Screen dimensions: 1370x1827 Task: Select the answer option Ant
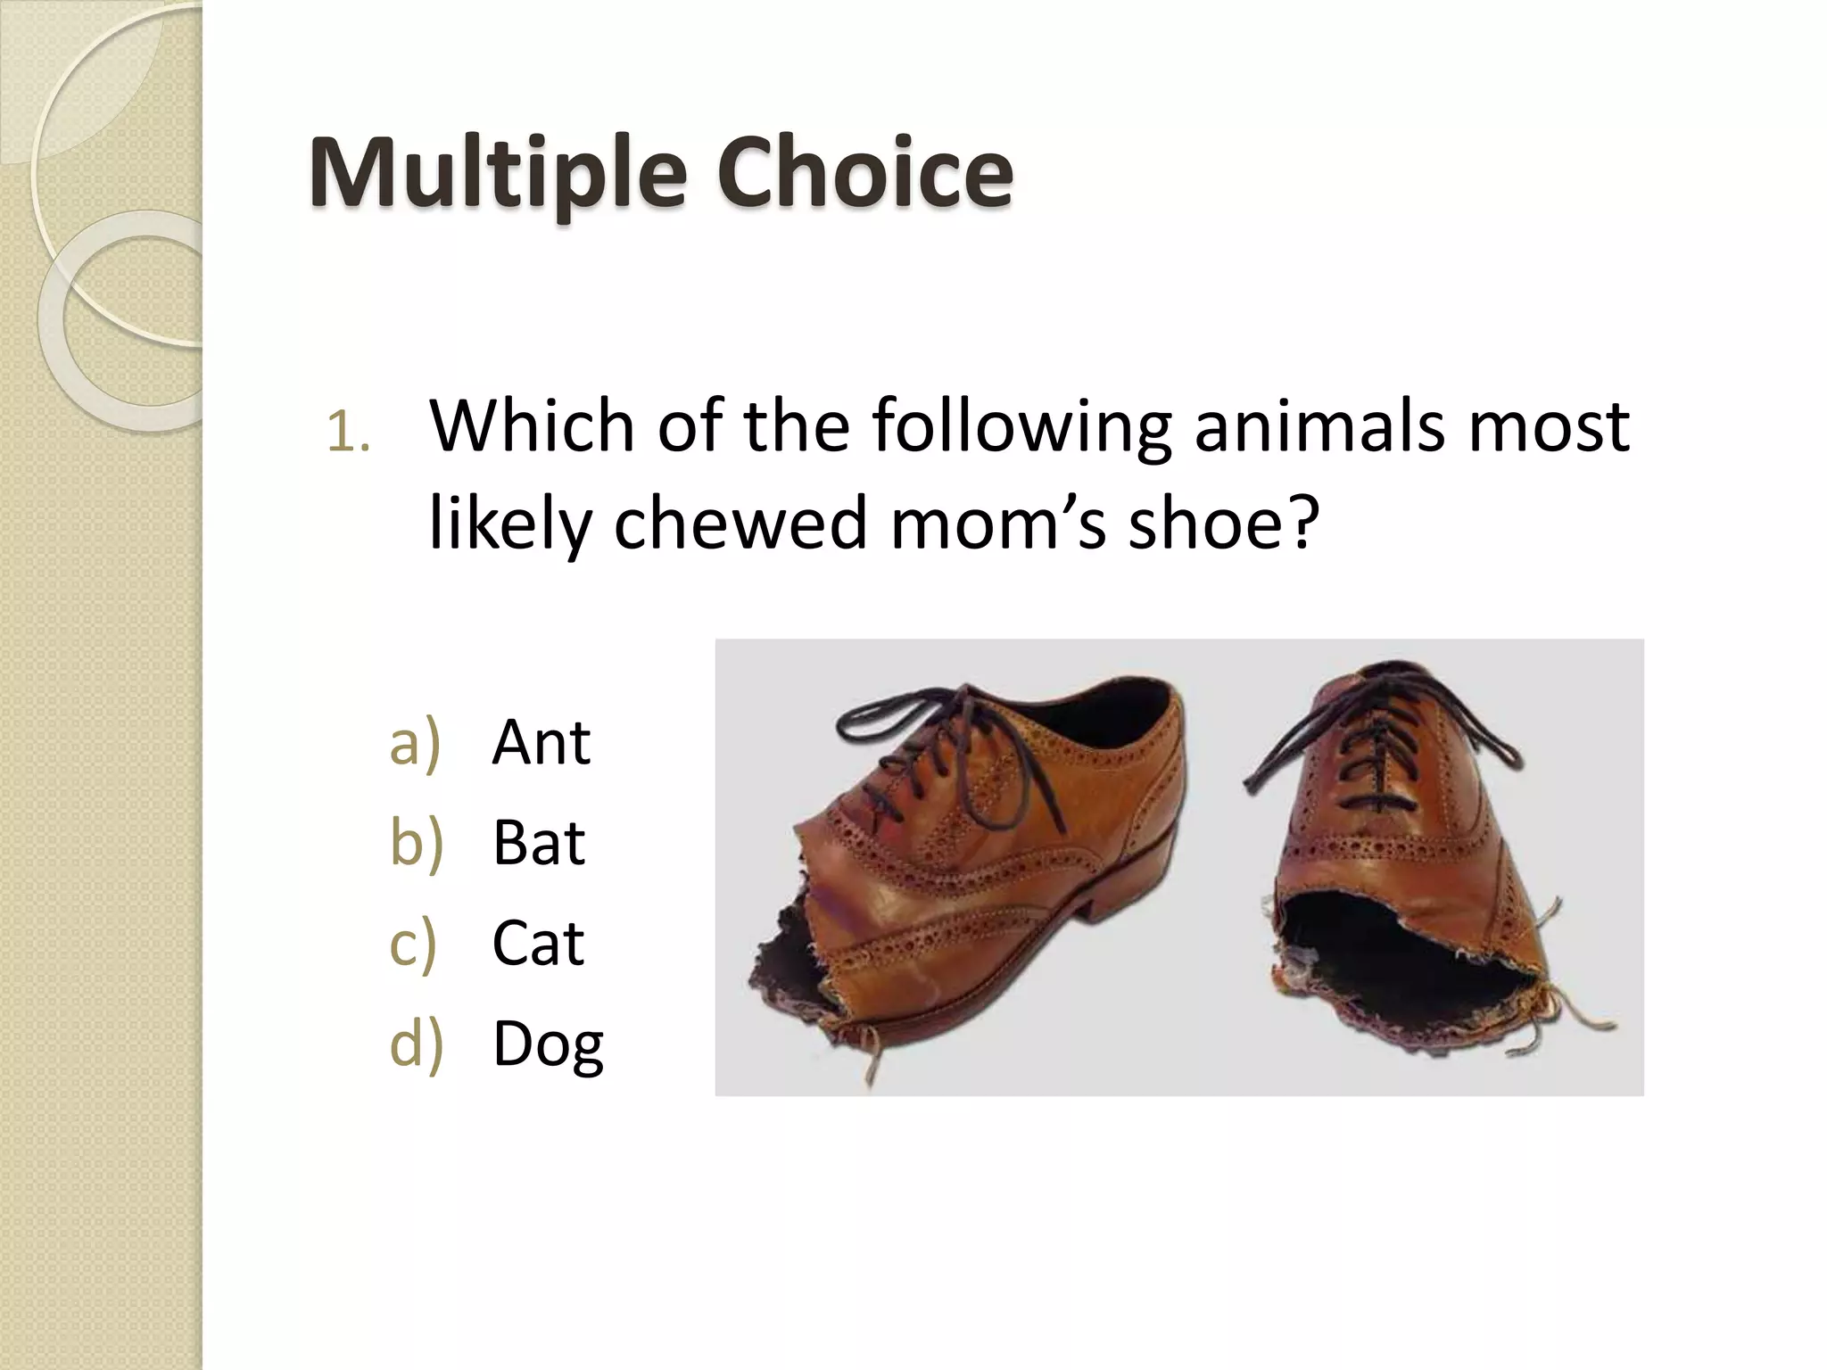541,742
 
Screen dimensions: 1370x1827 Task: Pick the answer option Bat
538,843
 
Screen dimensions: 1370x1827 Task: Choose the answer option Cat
538,943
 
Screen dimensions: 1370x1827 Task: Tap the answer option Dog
548,1044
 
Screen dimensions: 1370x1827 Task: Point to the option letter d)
416,1044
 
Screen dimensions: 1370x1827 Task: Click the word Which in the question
532,426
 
